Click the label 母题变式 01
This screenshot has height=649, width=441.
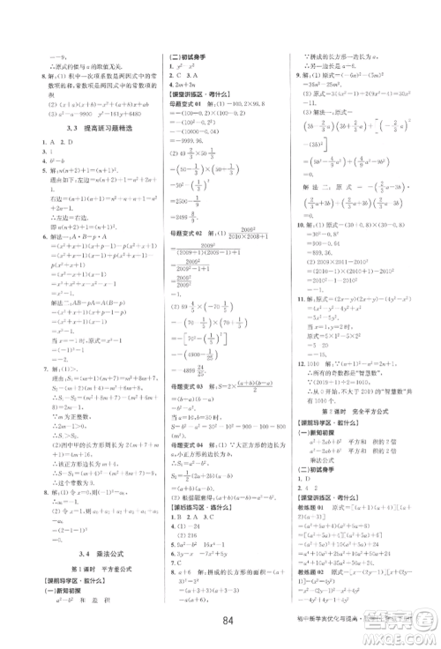coord(184,105)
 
